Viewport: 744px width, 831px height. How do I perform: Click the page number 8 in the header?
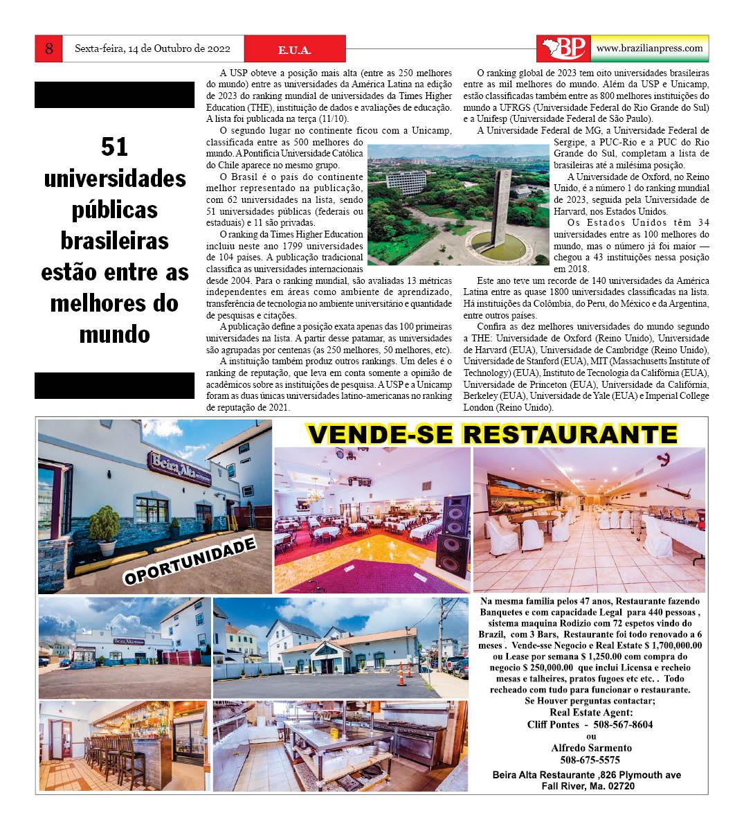coord(49,48)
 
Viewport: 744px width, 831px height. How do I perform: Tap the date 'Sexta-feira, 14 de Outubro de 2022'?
coord(152,49)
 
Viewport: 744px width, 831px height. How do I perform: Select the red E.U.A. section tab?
coord(294,50)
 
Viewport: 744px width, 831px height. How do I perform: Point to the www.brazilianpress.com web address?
coord(649,48)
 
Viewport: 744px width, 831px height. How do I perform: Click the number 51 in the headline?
coord(115,148)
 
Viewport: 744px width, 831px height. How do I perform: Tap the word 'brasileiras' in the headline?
coord(115,240)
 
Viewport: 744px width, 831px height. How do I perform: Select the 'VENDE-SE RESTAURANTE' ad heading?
coord(492,434)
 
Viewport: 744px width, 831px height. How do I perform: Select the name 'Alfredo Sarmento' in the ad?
coord(590,748)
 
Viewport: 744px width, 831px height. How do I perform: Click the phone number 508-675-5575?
coord(590,759)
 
